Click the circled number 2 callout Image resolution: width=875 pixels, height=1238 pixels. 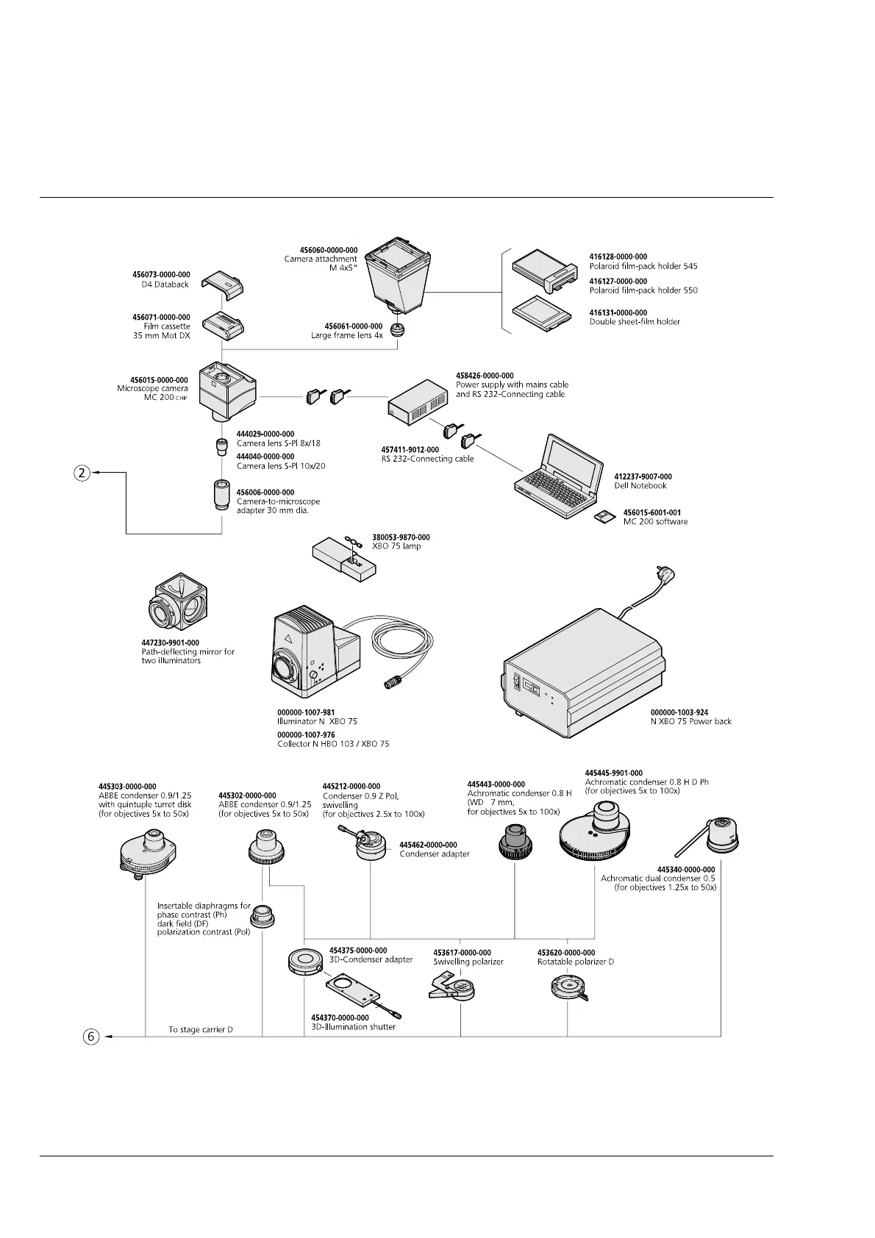[x=82, y=473]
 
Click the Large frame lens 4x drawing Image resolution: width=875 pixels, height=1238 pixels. [x=398, y=329]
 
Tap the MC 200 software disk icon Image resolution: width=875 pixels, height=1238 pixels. [x=604, y=518]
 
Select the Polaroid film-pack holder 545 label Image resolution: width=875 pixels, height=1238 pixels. [x=643, y=266]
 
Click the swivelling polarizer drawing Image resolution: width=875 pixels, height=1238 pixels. [x=453, y=987]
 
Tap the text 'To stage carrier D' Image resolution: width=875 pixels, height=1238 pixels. [x=201, y=1029]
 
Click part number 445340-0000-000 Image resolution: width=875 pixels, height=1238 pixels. [x=685, y=870]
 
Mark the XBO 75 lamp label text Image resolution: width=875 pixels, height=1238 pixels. [x=396, y=546]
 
